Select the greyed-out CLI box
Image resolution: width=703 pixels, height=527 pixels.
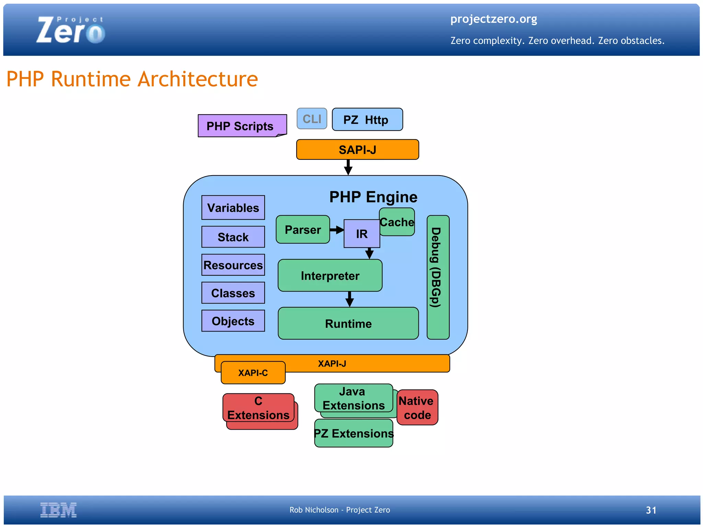click(312, 119)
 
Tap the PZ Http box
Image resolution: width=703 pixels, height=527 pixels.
click(367, 120)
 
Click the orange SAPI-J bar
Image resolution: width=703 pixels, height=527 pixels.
click(357, 149)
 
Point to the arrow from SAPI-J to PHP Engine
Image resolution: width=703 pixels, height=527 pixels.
click(348, 168)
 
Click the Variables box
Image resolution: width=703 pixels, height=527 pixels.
click(233, 208)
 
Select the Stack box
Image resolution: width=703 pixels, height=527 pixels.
click(233, 237)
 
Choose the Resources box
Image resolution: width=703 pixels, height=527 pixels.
click(233, 265)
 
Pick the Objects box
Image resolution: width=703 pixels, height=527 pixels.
click(233, 321)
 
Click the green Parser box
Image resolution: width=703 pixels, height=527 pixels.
click(302, 230)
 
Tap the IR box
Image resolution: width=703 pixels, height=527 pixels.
click(361, 234)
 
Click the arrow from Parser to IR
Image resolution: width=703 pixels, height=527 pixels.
click(337, 230)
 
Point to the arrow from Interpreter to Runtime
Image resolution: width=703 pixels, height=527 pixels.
click(349, 299)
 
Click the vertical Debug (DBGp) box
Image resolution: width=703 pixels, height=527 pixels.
click(438, 277)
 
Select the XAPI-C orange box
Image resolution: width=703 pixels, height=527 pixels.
click(253, 373)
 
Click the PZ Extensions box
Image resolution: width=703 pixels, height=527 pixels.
click(354, 434)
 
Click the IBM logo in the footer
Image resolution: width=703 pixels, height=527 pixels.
click(58, 510)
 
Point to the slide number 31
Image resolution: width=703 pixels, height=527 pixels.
click(651, 510)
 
